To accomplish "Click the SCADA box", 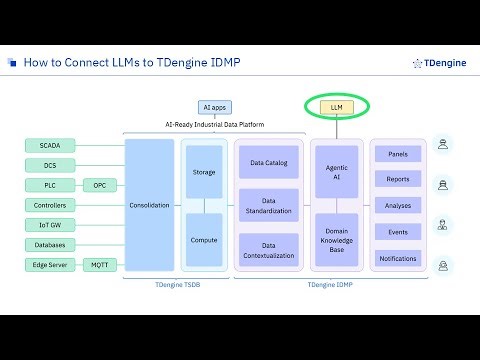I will click(50, 145).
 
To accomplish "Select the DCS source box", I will click(50, 165).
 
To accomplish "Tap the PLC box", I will click(50, 185).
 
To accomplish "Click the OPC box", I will click(99, 185).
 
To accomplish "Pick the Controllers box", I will click(50, 205).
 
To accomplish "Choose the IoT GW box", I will click(50, 225).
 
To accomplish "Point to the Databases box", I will click(50, 245).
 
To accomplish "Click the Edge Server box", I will click(50, 265).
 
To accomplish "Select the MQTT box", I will click(99, 265).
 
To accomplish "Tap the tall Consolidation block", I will click(149, 205).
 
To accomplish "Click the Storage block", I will click(204, 172).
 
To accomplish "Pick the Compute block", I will click(204, 240).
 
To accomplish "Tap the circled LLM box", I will click(336, 106).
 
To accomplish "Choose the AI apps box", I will click(214, 106).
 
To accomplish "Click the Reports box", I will click(397, 179).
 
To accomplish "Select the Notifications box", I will click(397, 258).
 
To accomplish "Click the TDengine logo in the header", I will click(437, 63).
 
